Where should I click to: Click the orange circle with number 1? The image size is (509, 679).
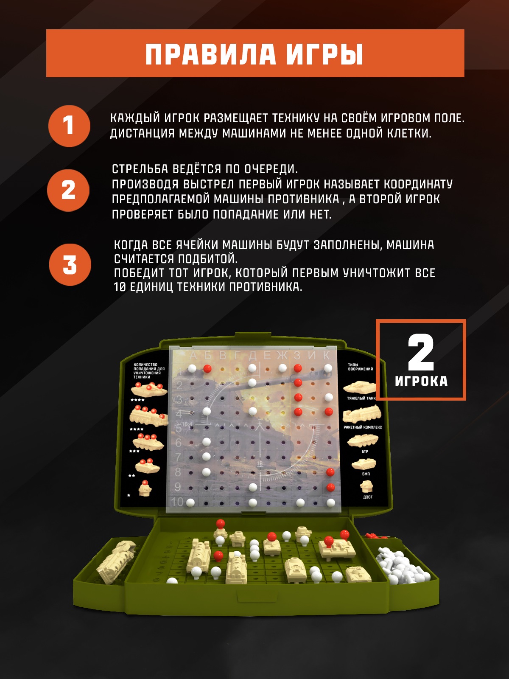(x=69, y=126)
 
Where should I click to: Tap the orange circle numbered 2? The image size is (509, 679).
(x=68, y=190)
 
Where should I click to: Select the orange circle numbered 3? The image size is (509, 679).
(x=70, y=265)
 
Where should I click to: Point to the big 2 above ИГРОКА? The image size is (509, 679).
(x=421, y=352)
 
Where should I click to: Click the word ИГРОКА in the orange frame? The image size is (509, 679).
(x=421, y=381)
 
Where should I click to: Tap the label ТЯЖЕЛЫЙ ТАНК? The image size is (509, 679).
(x=361, y=398)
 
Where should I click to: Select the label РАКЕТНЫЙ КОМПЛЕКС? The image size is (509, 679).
(x=363, y=427)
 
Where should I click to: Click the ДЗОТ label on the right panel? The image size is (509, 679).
(x=368, y=497)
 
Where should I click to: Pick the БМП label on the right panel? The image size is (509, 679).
(x=366, y=474)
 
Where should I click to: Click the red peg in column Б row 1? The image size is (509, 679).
(x=207, y=368)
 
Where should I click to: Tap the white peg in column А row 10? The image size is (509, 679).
(x=190, y=503)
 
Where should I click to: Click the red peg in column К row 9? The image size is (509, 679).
(x=331, y=487)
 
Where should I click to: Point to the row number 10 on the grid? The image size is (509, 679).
(x=177, y=502)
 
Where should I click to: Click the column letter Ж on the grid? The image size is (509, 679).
(x=282, y=356)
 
